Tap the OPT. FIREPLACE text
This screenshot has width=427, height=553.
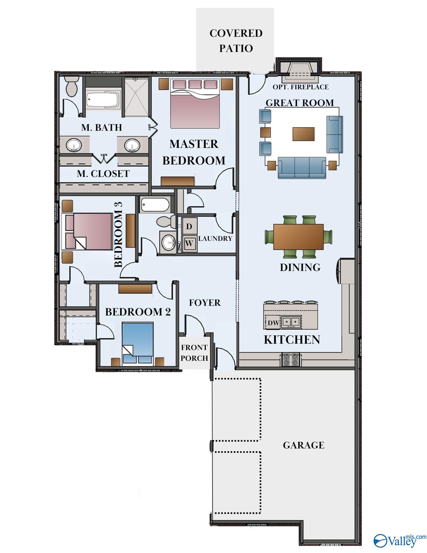301,87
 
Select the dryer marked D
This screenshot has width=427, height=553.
189,226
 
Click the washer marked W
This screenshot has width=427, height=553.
189,243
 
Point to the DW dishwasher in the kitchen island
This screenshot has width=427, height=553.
273,323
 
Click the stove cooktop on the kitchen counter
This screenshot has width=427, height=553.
291,360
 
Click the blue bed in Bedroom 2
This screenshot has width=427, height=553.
138,343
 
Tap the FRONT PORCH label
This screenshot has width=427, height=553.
194,353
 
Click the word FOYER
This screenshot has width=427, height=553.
205,303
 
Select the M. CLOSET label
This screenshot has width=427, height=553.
103,174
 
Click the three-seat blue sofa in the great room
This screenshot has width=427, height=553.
302,168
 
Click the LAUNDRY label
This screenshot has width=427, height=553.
215,238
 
